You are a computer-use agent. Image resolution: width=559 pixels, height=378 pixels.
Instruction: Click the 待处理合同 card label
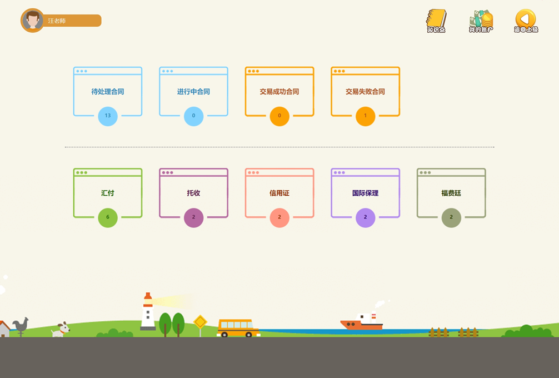108,92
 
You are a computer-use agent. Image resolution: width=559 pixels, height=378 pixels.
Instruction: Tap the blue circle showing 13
108,116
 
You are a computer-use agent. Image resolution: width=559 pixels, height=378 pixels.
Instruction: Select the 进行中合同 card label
193,92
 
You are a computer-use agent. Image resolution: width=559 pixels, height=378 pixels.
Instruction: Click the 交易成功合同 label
279,92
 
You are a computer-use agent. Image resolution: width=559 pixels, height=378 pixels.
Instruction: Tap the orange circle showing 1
365,116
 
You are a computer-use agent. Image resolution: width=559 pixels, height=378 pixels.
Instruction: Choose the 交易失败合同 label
365,92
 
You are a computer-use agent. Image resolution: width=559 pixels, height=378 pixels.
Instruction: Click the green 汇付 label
108,193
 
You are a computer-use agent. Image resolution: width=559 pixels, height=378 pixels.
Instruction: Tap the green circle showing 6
108,217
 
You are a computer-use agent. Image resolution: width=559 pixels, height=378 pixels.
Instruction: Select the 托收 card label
193,193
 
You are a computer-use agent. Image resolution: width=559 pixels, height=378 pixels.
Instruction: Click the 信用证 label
279,193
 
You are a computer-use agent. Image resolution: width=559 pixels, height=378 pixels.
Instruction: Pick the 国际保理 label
365,193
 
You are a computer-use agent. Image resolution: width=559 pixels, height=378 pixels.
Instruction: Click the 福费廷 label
451,193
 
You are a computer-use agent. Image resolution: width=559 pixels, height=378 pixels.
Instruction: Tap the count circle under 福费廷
451,217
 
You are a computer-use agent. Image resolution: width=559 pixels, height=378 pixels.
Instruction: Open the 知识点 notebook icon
436,20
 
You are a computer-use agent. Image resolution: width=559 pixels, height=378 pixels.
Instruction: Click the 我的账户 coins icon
481,20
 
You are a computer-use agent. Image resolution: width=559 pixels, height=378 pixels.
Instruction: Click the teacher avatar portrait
32,21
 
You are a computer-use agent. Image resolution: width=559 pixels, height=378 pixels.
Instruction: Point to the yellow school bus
238,327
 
